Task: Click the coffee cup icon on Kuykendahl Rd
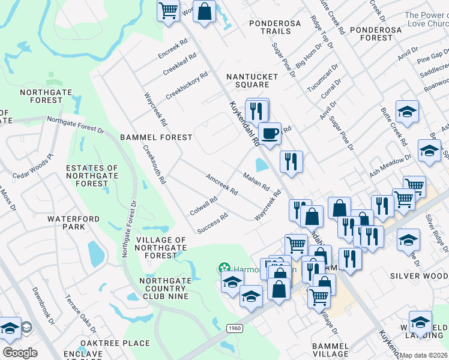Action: (x=270, y=133)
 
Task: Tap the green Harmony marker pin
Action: (x=224, y=267)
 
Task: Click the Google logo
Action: (x=20, y=352)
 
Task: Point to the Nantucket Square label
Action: (x=252, y=80)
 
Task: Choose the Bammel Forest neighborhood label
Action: (x=156, y=137)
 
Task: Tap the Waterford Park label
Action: (x=74, y=223)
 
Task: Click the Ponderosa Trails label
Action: (x=275, y=28)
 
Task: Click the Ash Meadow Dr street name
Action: (x=391, y=166)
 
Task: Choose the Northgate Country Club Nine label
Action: (x=164, y=289)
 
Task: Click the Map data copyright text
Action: (x=424, y=355)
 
